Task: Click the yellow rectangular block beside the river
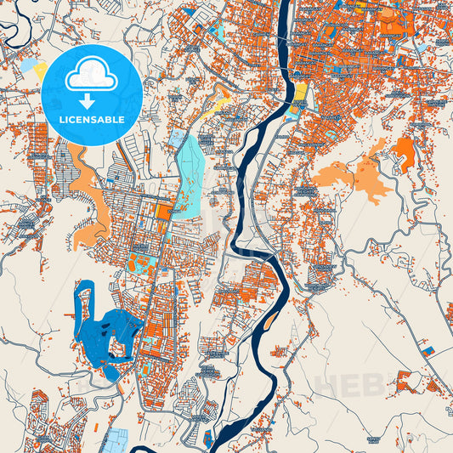(300, 91)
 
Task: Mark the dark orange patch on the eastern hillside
(405, 150)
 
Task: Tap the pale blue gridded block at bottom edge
(115, 439)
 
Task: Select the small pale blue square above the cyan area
(178, 138)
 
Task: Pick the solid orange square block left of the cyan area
(162, 207)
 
